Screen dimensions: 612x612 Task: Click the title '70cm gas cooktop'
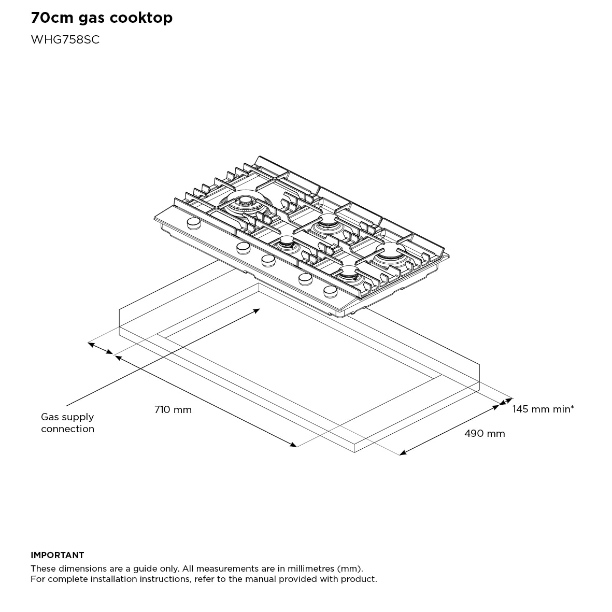click(102, 18)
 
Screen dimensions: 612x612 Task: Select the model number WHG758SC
click(65, 40)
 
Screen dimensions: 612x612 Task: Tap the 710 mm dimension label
click(173, 410)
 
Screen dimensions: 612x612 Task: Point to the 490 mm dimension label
click(484, 433)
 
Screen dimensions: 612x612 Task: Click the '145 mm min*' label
click(543, 409)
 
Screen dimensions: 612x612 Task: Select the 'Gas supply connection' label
click(67, 423)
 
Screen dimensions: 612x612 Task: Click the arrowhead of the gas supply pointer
click(258, 309)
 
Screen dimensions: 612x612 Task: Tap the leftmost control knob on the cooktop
click(193, 223)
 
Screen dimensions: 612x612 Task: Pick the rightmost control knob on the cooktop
click(330, 291)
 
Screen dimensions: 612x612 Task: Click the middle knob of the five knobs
click(268, 260)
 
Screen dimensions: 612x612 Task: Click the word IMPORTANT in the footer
click(57, 555)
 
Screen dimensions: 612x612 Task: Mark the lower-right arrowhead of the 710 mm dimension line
click(294, 444)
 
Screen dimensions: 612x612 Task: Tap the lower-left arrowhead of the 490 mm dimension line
click(402, 453)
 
